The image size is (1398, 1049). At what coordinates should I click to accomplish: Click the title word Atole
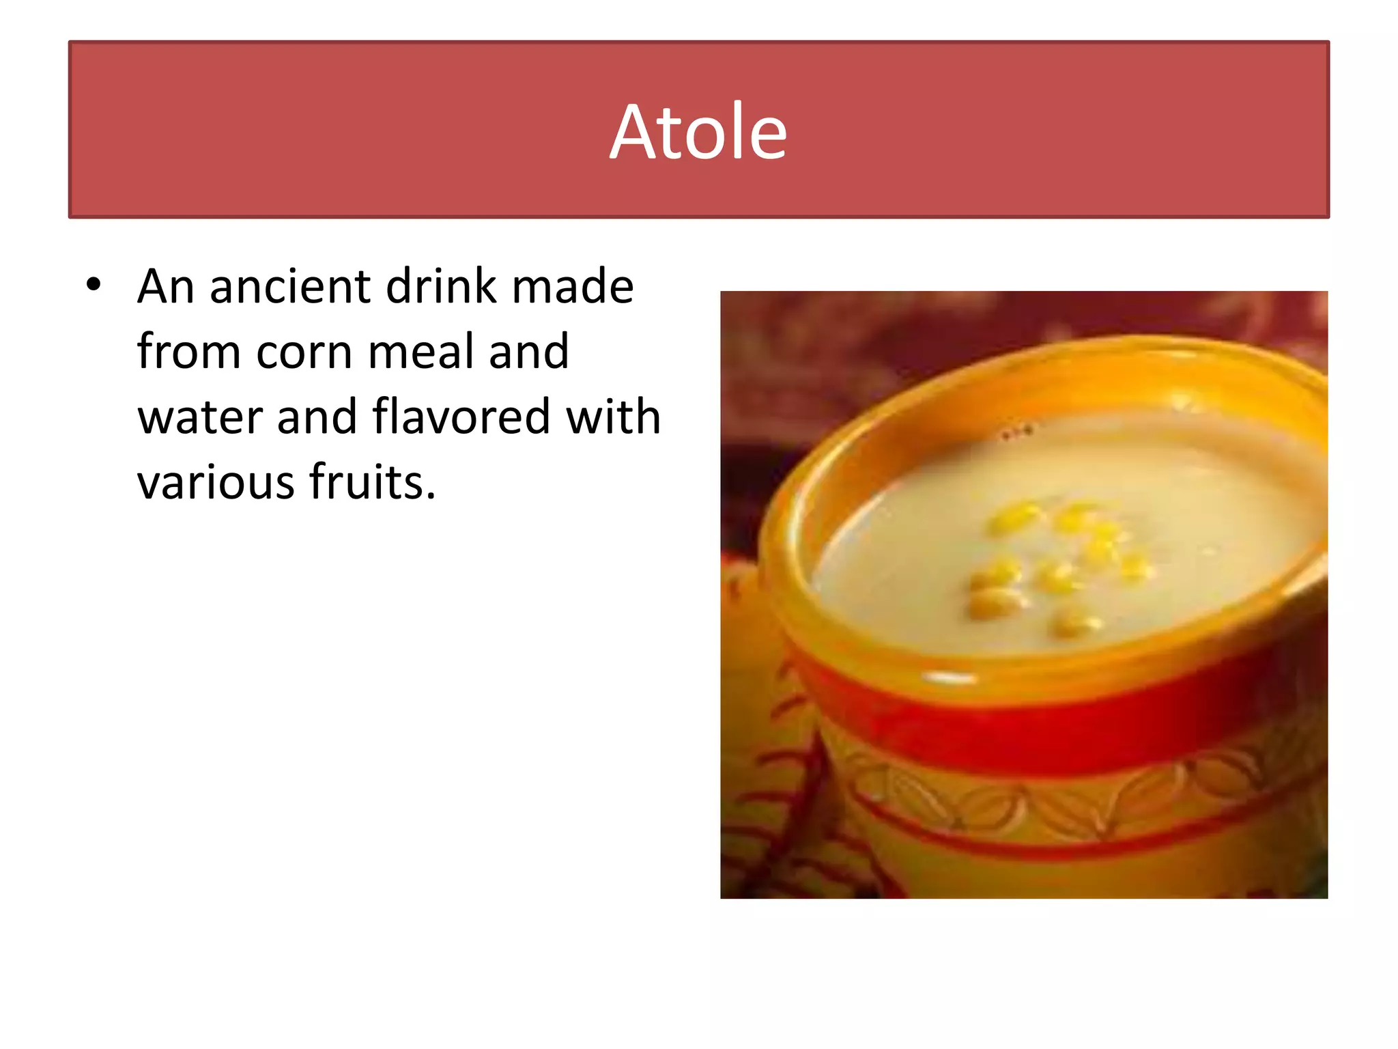(698, 132)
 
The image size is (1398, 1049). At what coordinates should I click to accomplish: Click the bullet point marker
(94, 284)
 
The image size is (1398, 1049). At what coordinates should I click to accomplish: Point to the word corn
(304, 352)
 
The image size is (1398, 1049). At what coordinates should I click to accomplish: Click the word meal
(421, 352)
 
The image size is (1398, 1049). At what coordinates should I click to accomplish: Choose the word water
(199, 417)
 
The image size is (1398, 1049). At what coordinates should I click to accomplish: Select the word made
(573, 286)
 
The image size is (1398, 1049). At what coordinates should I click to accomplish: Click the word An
(166, 286)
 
